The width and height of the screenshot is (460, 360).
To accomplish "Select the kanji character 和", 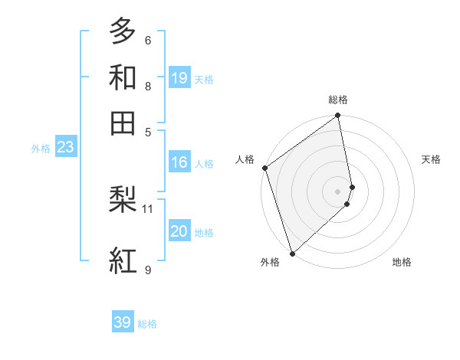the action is point(123,77).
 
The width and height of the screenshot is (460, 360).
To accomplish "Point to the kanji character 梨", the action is point(123,201).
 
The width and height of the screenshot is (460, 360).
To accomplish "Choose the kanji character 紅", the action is point(123,260).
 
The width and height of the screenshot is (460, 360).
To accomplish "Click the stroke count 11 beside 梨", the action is point(148,208).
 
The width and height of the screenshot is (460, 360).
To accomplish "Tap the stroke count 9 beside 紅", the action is point(147,270).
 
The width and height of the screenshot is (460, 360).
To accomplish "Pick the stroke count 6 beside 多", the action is point(147,40).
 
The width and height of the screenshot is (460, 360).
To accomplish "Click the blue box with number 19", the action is point(179,77).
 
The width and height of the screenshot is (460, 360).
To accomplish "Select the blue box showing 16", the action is point(179,162).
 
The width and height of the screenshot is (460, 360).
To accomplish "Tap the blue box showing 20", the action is point(179,231).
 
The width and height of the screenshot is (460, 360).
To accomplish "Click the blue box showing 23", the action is point(65,148).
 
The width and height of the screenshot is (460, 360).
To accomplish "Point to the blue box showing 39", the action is point(123,322).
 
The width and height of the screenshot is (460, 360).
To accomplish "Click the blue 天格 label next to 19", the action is point(204,80).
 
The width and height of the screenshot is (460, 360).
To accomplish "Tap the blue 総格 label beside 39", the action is point(147,324).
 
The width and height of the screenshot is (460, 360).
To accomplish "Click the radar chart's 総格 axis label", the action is point(338,100).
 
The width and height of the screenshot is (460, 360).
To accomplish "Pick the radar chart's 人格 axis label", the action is point(245,159).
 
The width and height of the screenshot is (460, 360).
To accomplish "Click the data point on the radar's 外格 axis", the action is point(292,253).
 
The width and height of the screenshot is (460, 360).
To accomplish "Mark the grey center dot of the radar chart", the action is point(338,191).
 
